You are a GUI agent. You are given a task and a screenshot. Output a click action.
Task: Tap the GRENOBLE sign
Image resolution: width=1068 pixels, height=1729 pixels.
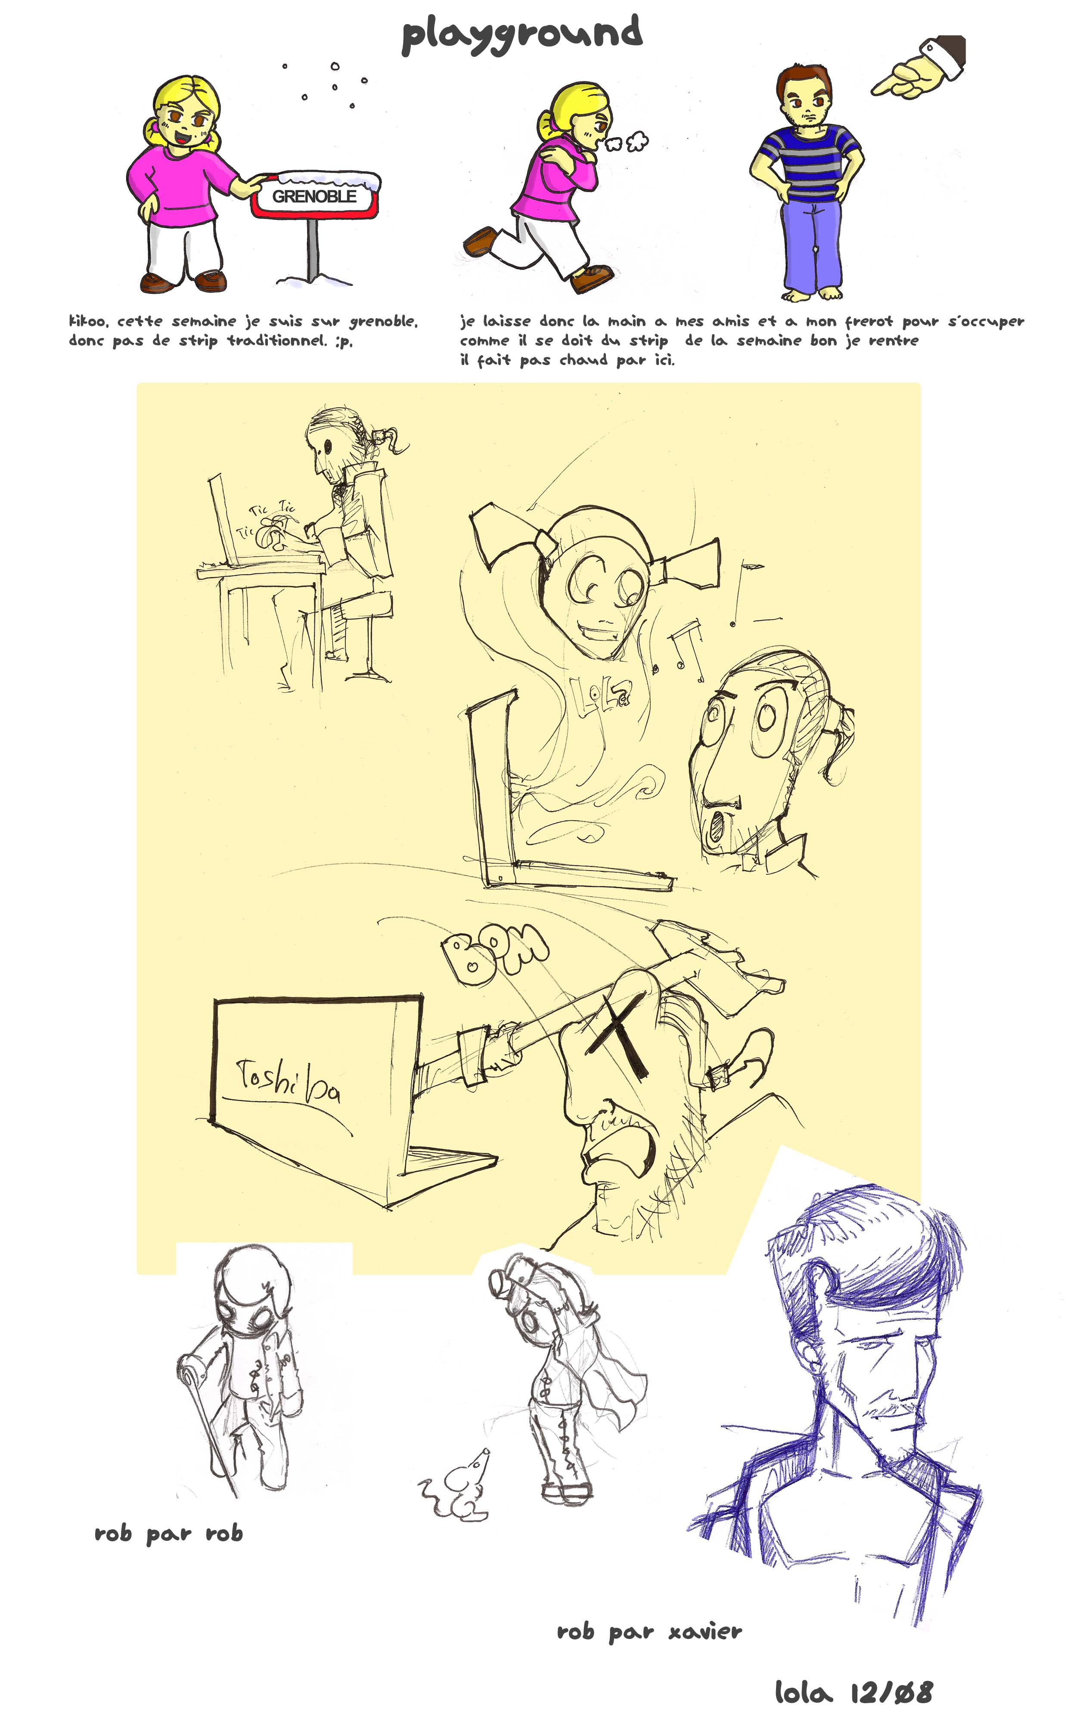point(316,195)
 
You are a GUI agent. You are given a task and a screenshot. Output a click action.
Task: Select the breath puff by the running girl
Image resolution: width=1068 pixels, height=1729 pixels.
point(627,141)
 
